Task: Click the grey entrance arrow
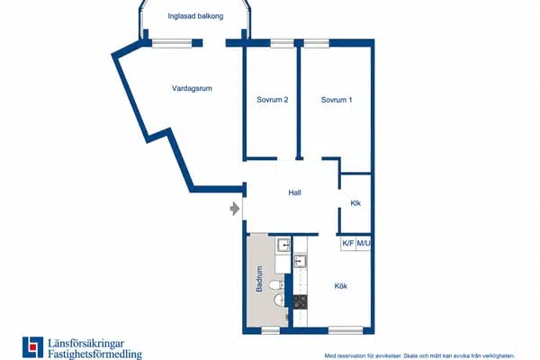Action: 235,209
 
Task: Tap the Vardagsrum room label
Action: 192,88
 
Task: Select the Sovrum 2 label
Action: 272,100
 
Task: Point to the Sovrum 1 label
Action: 337,100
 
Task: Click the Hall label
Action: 295,193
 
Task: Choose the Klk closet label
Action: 355,203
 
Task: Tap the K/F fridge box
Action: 347,243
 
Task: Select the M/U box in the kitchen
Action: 363,243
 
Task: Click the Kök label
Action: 340,286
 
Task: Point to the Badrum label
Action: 259,279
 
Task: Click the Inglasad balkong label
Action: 195,16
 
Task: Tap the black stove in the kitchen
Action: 300,301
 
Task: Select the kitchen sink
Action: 301,261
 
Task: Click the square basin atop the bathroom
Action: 283,246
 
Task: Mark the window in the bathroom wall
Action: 271,330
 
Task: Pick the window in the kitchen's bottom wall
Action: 346,330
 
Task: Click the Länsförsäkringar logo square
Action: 33,347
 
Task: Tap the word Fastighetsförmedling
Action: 95,354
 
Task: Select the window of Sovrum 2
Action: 282,43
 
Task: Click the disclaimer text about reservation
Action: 419,355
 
